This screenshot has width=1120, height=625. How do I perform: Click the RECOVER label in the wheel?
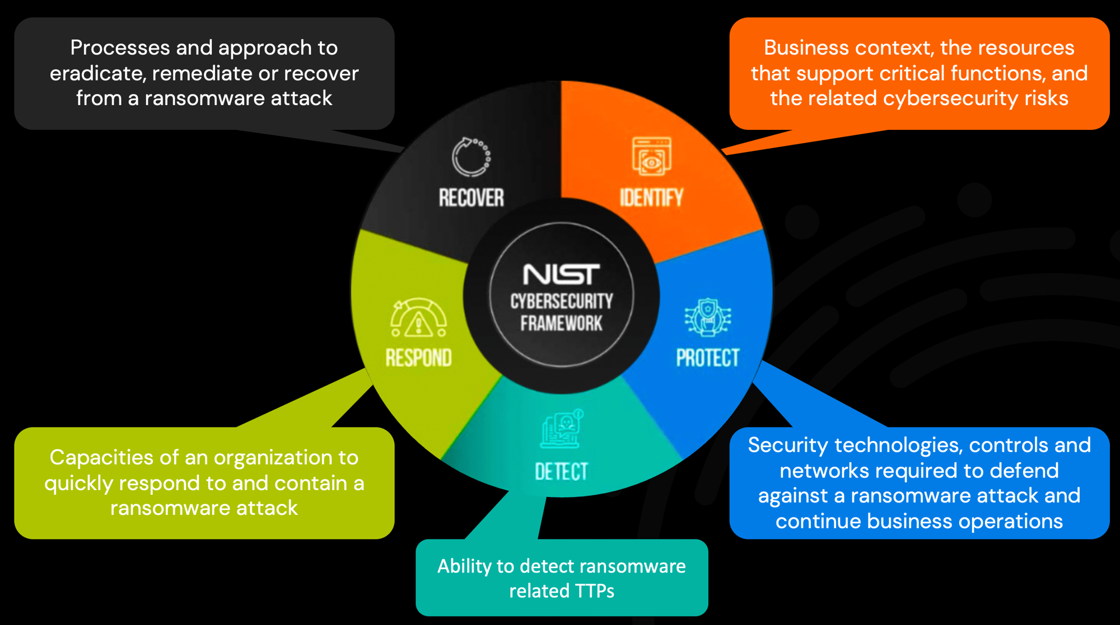471,198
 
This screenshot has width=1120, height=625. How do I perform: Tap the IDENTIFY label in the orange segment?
651,198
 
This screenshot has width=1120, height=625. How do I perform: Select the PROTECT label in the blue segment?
707,358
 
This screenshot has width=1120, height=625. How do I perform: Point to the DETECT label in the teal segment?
561,472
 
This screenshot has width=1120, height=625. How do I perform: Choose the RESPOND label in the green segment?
418,358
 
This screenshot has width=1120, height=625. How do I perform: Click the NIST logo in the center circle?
561,274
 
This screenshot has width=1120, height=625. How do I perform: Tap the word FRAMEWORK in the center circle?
561,323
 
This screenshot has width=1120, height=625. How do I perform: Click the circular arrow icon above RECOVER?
471,157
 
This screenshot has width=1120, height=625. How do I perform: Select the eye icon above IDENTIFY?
651,157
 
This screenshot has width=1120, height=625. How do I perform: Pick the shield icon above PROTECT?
708,317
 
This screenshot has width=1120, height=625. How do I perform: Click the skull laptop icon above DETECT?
562,430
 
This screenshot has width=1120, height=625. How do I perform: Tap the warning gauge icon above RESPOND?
418,318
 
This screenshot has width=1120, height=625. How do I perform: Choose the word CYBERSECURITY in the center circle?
561,301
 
